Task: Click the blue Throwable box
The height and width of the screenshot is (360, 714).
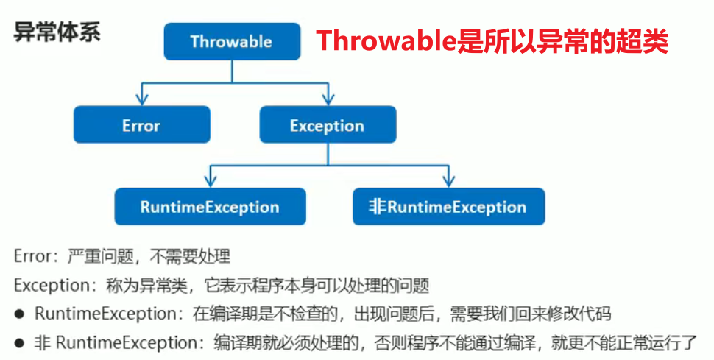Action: coord(231,41)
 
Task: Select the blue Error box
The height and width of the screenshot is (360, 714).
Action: coord(141,125)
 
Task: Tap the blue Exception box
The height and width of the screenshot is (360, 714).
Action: coord(328,125)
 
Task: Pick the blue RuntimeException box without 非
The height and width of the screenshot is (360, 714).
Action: coord(210,206)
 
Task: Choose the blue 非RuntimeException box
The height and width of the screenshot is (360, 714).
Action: coord(448,206)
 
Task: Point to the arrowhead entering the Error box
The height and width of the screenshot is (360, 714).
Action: coord(141,100)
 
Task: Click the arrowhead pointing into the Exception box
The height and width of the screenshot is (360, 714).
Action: coord(328,100)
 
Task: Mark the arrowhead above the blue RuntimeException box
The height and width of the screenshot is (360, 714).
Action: coord(210,181)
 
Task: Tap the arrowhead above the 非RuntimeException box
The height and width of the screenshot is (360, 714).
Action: coord(448,181)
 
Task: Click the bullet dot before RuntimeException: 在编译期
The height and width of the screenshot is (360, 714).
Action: coord(20,314)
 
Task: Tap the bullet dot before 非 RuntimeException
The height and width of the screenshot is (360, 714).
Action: coord(20,342)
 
